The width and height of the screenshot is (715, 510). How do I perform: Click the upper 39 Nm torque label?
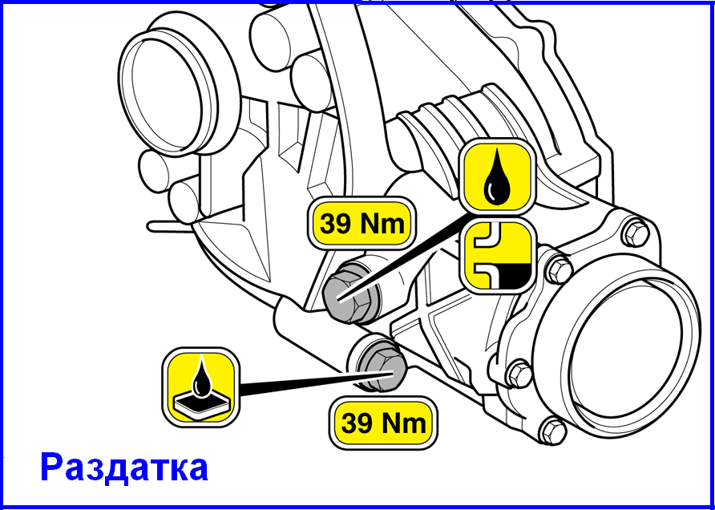(x=362, y=225)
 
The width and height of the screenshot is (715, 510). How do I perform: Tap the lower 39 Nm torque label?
(x=383, y=423)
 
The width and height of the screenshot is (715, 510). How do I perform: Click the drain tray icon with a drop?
(x=201, y=387)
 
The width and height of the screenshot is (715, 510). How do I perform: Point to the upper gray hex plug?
(x=348, y=294)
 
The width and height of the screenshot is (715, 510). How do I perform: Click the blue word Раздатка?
(x=124, y=468)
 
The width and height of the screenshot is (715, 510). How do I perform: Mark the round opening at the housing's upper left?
(x=168, y=95)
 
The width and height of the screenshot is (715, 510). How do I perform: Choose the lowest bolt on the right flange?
(x=553, y=430)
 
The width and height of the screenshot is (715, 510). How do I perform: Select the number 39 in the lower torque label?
(x=356, y=423)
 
